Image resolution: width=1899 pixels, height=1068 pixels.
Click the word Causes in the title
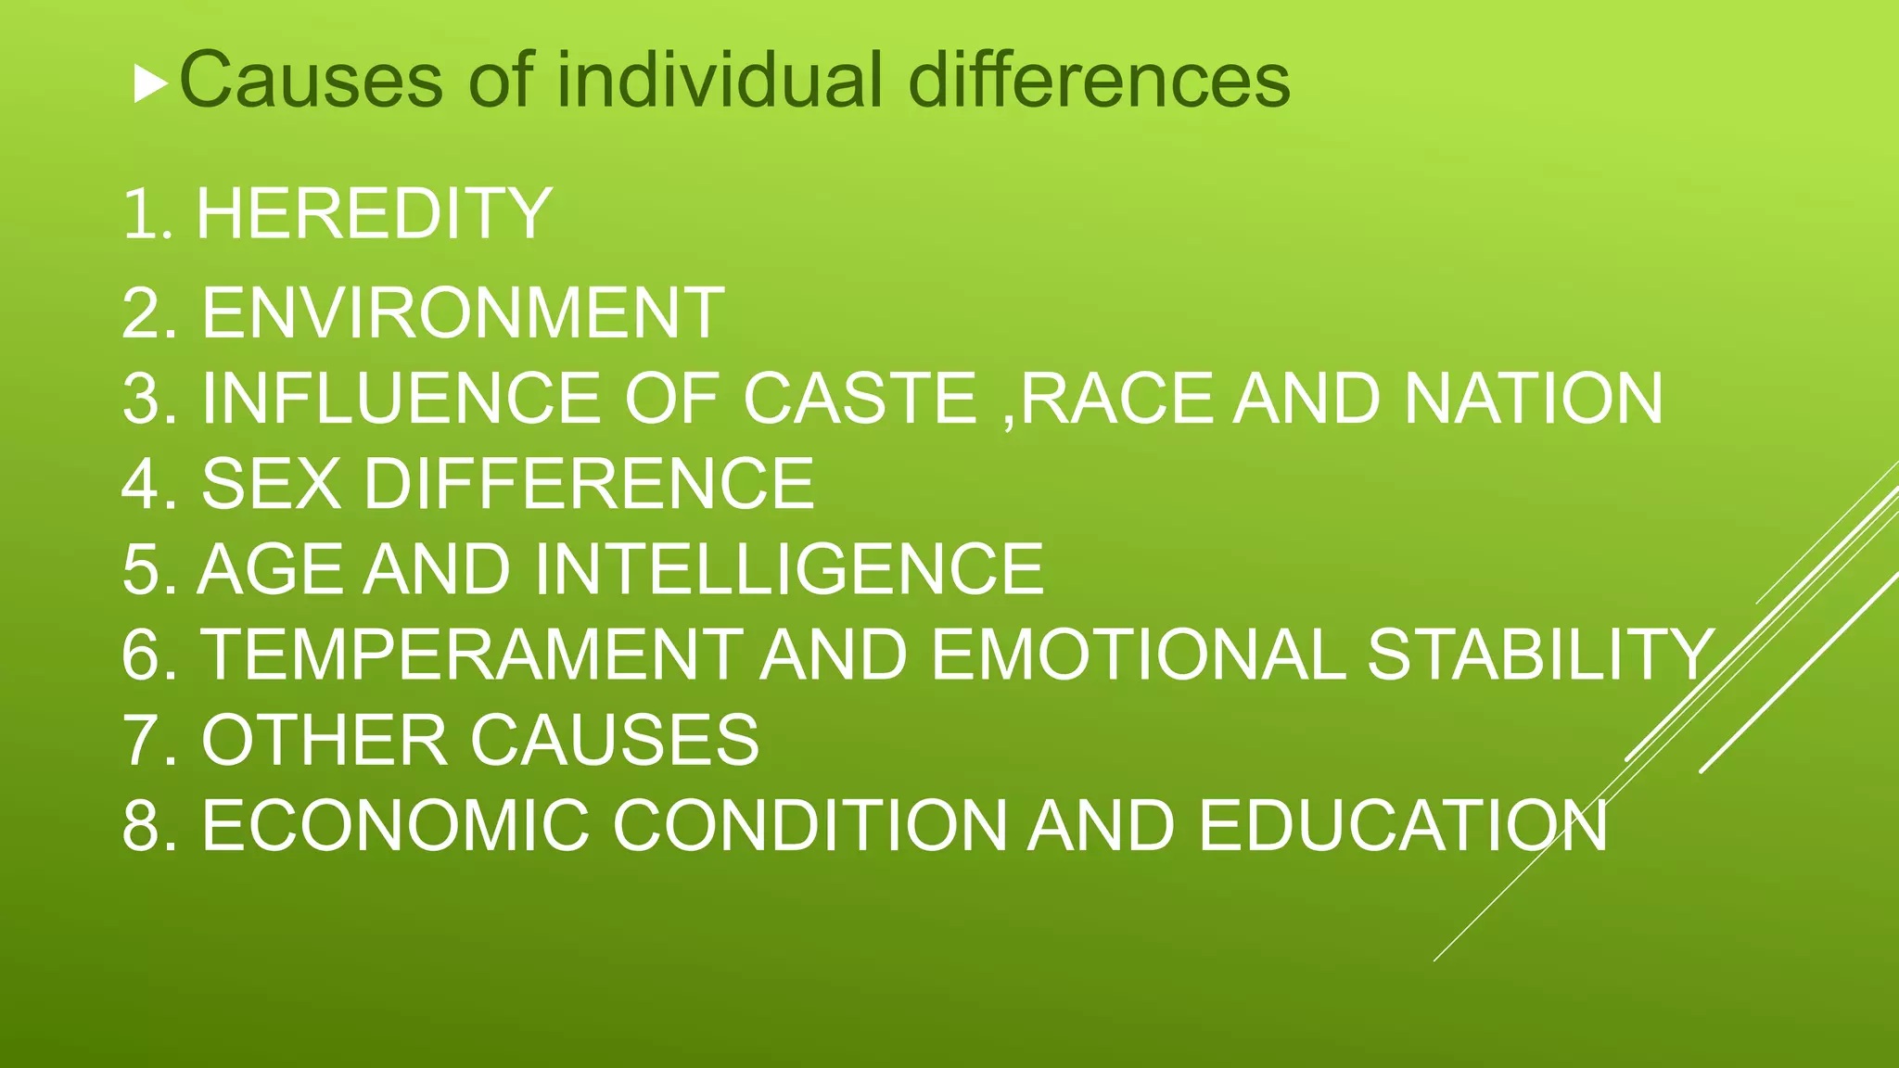311,81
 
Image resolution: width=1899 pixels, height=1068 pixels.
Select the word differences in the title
1099,81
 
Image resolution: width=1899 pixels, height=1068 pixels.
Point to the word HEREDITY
374,214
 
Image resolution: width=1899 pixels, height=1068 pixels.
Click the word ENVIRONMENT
463,313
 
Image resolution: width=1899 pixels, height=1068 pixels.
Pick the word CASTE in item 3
860,399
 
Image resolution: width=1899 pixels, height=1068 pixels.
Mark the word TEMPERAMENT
472,655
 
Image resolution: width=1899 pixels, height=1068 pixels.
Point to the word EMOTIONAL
1138,655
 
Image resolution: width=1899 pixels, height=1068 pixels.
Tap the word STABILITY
1539,655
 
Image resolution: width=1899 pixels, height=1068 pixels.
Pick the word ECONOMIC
395,826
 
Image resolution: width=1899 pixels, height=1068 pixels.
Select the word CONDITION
809,826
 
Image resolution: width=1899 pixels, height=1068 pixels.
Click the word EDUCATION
1402,826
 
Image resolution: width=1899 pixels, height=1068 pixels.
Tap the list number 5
141,569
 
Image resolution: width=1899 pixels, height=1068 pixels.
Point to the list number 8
141,826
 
